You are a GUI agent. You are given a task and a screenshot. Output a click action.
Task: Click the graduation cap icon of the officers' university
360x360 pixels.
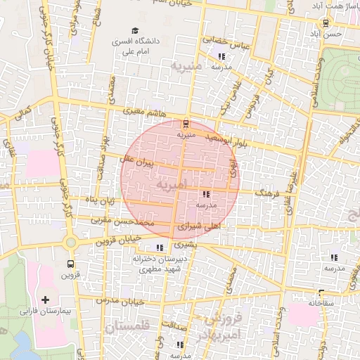(x=122, y=41)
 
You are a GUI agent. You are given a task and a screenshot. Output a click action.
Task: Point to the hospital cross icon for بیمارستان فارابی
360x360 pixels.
(x=46, y=300)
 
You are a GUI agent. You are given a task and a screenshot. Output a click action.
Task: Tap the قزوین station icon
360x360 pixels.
(x=70, y=264)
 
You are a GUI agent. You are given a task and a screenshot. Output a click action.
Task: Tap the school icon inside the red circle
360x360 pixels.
(x=205, y=194)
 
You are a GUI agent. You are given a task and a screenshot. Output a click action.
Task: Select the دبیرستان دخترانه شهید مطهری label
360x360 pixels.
(x=159, y=263)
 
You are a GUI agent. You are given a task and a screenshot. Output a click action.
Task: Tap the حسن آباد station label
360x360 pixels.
(x=329, y=33)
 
